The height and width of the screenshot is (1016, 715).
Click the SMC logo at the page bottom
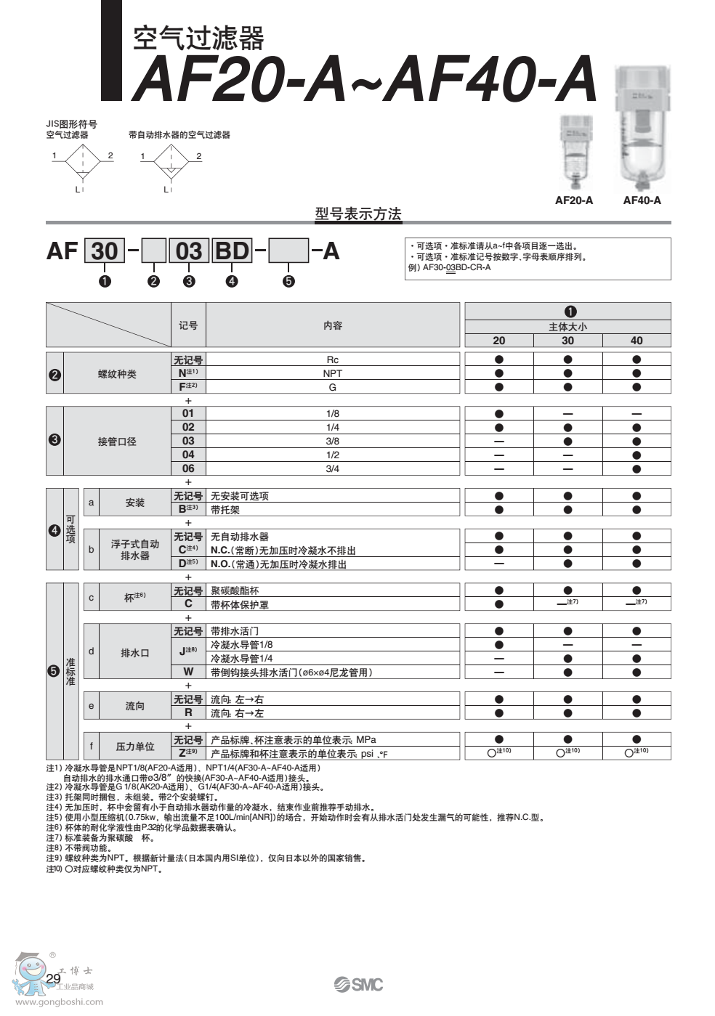click(x=358, y=984)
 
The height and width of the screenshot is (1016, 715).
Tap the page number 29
click(x=54, y=978)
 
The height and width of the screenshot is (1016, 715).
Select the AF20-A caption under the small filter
click(x=573, y=200)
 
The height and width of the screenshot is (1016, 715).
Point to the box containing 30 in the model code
click(x=105, y=251)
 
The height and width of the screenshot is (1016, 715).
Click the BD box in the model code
click(x=232, y=251)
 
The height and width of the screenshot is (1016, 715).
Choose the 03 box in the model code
click(x=189, y=251)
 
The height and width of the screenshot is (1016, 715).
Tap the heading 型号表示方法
click(x=358, y=214)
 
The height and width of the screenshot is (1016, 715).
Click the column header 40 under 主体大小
click(x=637, y=340)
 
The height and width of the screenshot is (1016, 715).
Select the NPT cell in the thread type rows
click(x=333, y=373)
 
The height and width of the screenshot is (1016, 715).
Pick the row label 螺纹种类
click(x=117, y=374)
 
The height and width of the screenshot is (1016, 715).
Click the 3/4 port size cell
click(x=333, y=468)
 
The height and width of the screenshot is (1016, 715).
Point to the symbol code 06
click(x=188, y=468)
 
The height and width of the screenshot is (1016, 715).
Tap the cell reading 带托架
click(x=225, y=510)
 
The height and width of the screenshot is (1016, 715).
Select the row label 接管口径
click(x=117, y=442)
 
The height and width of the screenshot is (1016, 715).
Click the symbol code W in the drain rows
click(x=188, y=672)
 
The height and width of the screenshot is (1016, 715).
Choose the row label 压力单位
click(x=135, y=747)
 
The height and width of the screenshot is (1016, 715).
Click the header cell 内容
click(x=333, y=325)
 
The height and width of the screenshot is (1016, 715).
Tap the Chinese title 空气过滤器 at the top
click(x=198, y=38)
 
